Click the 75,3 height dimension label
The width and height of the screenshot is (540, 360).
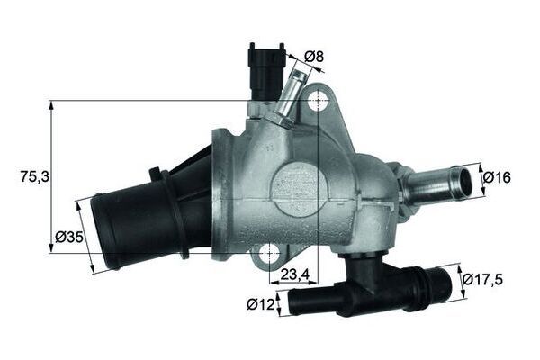click(x=32, y=177)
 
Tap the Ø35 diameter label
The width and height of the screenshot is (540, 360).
click(x=68, y=237)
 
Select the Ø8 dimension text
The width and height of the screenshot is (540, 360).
click(x=313, y=58)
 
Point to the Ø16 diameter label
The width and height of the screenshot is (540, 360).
click(x=497, y=177)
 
